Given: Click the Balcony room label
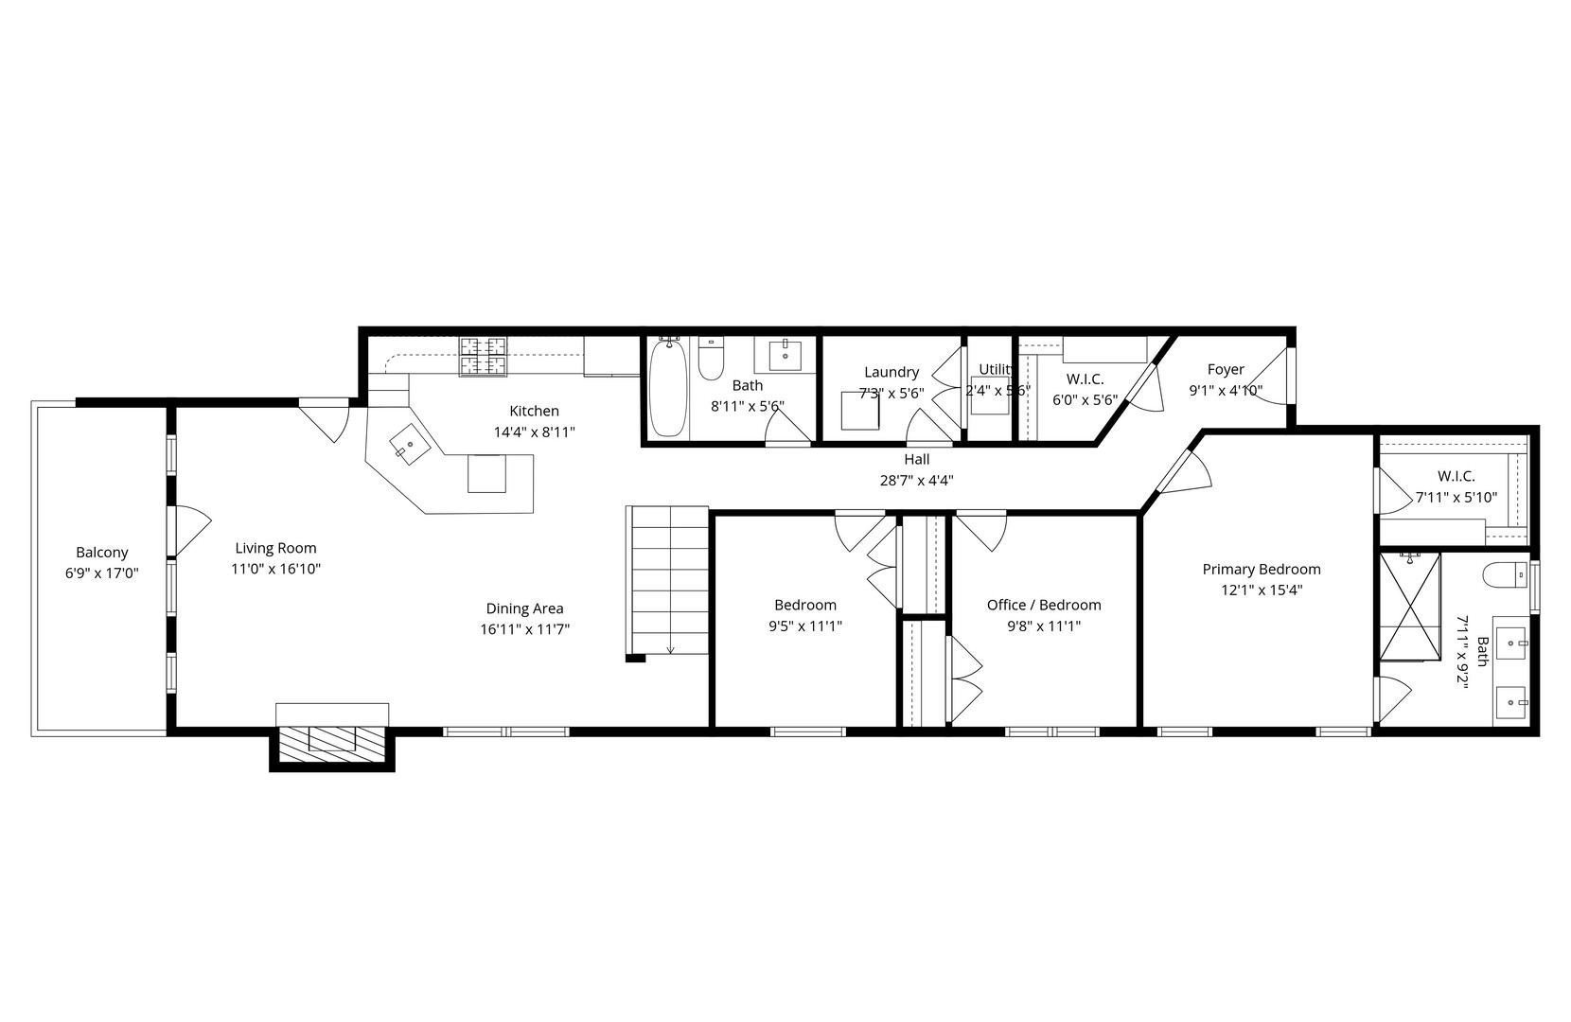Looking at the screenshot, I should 101,553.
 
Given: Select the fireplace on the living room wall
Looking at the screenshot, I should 331,738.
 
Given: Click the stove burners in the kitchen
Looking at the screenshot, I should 484,357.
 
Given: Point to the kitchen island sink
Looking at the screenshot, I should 410,444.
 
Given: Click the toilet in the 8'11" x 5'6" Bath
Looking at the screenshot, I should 711,360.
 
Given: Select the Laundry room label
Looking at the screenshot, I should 891,372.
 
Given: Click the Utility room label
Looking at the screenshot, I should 996,369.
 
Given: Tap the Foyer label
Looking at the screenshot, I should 1226,370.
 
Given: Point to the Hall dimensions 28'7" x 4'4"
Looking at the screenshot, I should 916,480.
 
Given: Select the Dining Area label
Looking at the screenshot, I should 524,608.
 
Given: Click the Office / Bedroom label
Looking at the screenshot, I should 1043,605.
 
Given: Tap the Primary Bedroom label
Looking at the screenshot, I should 1261,569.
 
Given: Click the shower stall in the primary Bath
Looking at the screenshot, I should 1409,606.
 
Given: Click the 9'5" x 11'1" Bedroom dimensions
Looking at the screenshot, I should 805,626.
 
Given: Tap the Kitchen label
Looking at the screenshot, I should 534,411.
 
